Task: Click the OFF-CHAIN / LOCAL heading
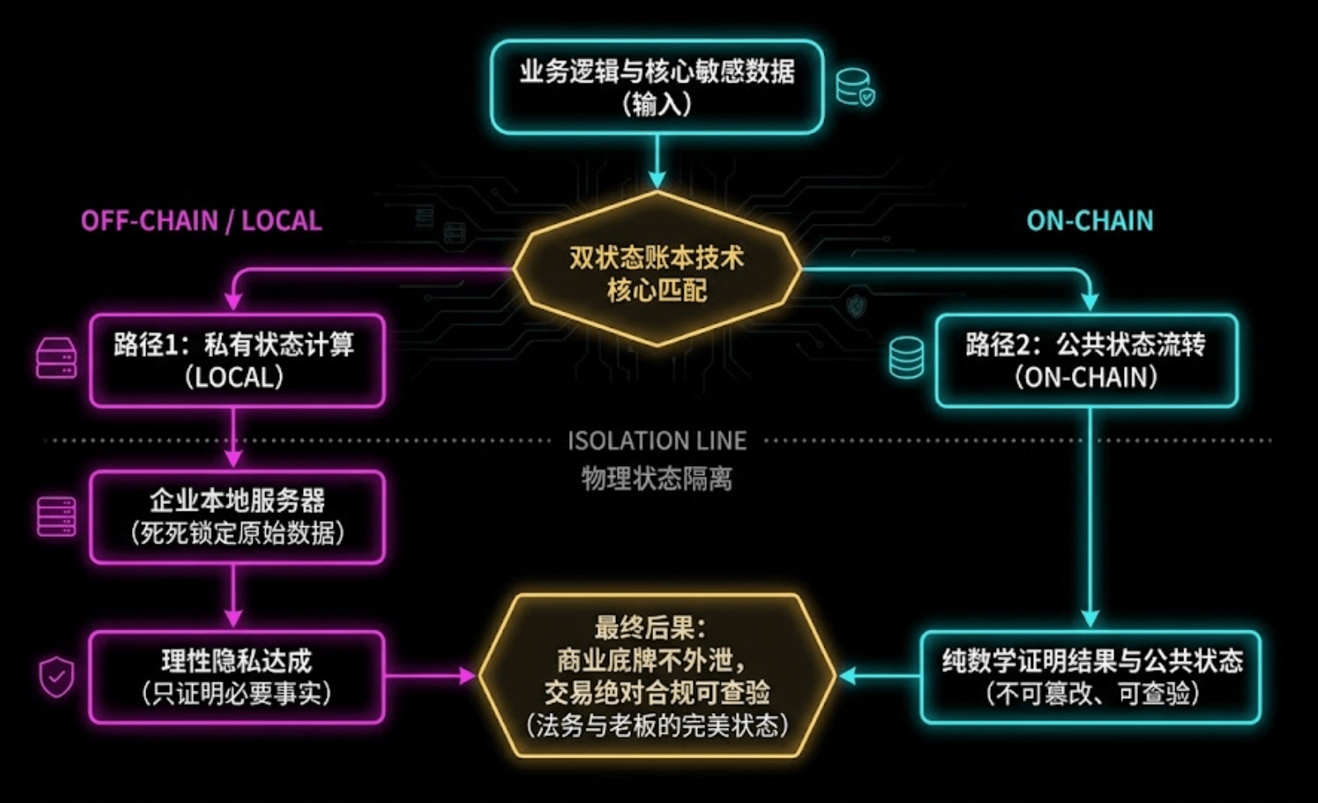(x=201, y=221)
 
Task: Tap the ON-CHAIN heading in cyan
(x=1089, y=221)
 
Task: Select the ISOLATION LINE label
(x=657, y=440)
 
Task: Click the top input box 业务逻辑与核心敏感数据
(x=657, y=87)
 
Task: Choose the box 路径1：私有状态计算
(x=236, y=360)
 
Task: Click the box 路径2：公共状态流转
(x=1086, y=360)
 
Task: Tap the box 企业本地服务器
(x=236, y=516)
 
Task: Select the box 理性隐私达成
(x=236, y=677)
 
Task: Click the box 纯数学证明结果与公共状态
(x=1091, y=677)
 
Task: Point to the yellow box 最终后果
(x=657, y=676)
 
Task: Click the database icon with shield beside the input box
(x=856, y=88)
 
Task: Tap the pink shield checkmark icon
(x=56, y=677)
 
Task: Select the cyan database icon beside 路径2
(x=906, y=359)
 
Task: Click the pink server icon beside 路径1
(x=56, y=359)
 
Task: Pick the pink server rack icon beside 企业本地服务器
(x=56, y=516)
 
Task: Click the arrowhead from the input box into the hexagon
(x=657, y=179)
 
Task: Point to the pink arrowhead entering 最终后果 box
(x=467, y=676)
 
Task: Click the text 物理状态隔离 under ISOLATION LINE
(x=657, y=478)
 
